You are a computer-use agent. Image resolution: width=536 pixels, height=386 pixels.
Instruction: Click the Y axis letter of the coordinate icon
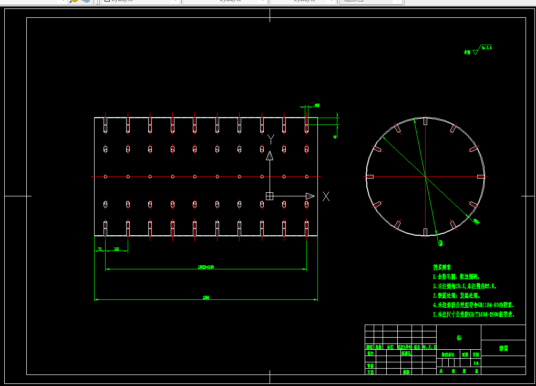[271, 139]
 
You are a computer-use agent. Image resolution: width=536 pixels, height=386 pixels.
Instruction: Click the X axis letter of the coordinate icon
[326, 196]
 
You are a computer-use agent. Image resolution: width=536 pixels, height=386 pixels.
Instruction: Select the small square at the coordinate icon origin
[270, 196]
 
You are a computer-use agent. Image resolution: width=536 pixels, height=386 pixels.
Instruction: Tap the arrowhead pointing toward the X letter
[310, 196]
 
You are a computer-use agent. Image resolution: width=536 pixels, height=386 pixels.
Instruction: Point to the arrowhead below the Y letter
[270, 155]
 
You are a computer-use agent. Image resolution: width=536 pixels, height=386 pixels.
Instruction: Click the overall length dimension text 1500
[206, 298]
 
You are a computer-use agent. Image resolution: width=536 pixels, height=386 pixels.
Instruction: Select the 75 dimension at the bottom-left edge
[99, 249]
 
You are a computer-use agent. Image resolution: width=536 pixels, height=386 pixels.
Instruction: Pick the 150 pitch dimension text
[116, 249]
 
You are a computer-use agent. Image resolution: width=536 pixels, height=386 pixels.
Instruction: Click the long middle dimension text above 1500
[205, 267]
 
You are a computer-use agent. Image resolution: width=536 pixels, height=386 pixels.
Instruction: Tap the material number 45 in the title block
[459, 338]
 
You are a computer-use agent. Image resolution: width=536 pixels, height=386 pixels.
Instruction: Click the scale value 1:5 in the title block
[476, 363]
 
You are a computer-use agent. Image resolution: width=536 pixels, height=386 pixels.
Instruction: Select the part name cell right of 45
[503, 348]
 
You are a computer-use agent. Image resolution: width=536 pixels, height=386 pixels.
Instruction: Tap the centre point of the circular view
[425, 176]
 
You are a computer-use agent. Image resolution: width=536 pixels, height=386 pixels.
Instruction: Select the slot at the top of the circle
[425, 122]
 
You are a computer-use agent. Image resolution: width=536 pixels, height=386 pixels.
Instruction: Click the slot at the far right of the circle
[481, 176]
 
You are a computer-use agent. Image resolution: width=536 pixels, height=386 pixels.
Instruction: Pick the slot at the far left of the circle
[369, 176]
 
